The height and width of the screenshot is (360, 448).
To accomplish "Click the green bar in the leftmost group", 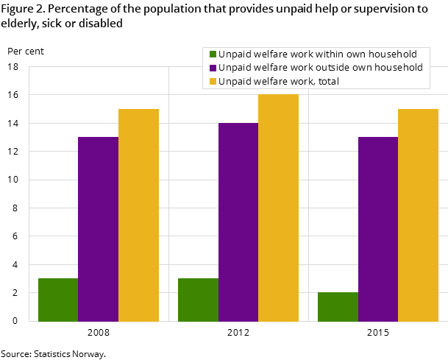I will tap(58, 300).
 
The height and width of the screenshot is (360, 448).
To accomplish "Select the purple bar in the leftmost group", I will tap(98, 229).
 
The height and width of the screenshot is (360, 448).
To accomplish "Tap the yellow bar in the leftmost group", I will tap(138, 215).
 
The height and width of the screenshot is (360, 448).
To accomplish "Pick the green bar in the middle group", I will tap(198, 300).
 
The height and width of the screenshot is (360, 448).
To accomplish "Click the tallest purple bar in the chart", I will tap(238, 222).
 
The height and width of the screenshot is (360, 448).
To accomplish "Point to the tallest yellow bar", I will tap(278, 208).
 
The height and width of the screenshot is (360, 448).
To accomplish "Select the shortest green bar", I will tap(338, 306).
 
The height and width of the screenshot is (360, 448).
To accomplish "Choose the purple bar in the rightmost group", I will tap(378, 229).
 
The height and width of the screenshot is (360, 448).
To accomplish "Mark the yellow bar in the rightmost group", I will tap(418, 215).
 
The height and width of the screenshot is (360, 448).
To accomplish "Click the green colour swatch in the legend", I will tap(213, 54).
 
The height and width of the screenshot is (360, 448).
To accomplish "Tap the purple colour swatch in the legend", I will tap(213, 68).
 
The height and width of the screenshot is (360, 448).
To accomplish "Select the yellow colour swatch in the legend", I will tap(213, 81).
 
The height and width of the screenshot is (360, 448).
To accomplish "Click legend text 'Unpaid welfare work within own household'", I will tap(318, 54).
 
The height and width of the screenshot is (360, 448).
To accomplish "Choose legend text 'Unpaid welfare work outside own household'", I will tap(321, 68).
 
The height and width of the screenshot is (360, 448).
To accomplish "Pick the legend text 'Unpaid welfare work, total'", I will tap(279, 81).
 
